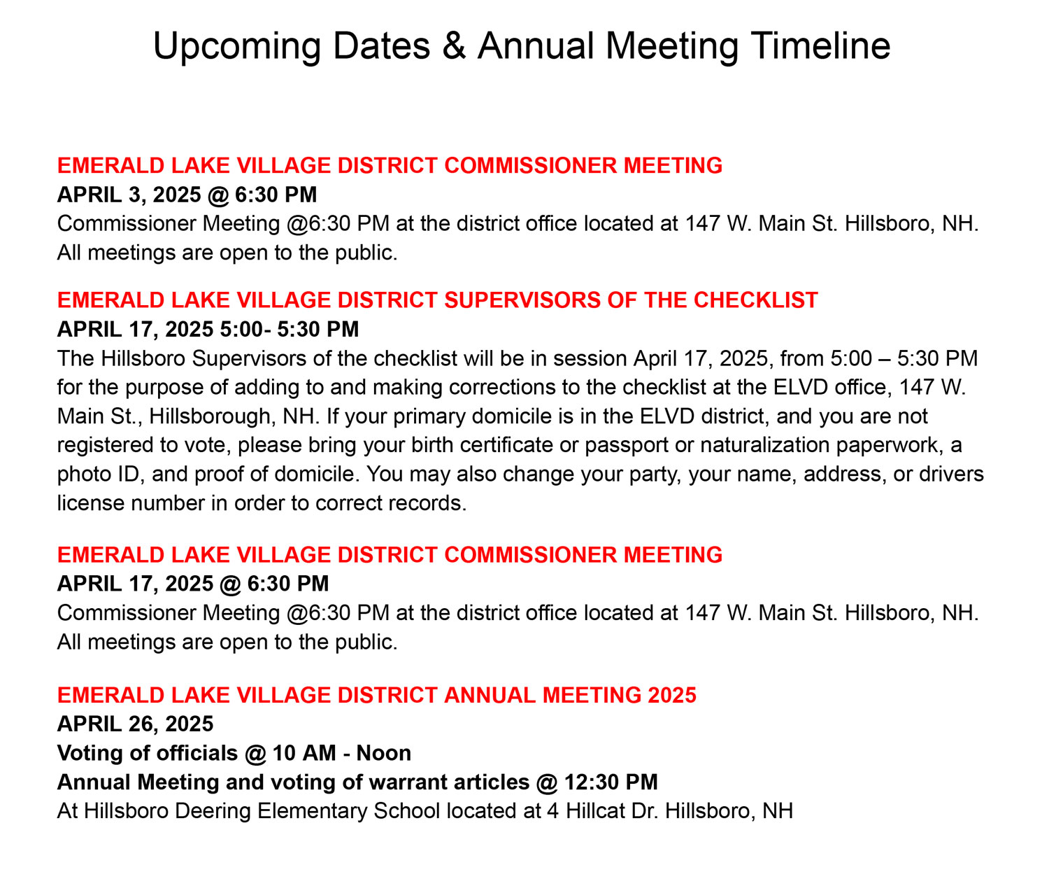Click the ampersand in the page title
(x=454, y=46)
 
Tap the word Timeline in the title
(x=821, y=46)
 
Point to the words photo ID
(x=100, y=474)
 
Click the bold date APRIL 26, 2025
(x=135, y=724)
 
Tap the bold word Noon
(x=384, y=754)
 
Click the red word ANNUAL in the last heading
(x=490, y=696)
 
